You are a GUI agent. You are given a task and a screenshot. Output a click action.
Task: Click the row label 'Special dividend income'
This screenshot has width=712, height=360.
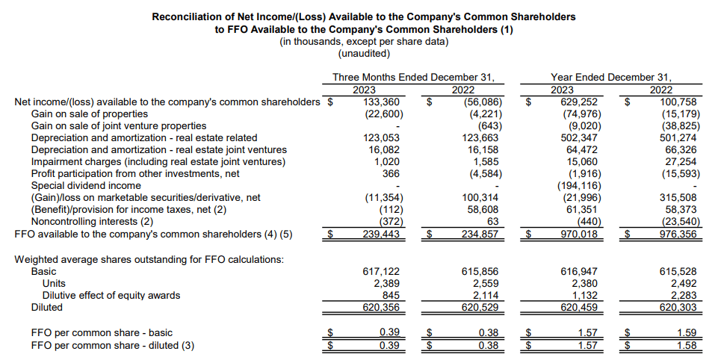[86, 185]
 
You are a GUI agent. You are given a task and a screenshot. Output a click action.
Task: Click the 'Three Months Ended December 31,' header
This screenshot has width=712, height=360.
[413, 77]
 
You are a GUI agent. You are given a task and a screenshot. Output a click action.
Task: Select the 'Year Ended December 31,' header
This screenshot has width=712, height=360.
[611, 77]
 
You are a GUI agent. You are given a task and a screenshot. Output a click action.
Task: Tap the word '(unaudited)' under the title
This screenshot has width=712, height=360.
[364, 53]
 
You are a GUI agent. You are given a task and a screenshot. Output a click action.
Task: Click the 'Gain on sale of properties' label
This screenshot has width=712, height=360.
[89, 114]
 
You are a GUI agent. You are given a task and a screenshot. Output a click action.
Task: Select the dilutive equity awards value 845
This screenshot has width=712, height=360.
[396, 295]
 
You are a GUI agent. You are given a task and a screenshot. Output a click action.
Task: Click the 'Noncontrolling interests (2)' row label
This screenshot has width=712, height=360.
[93, 221]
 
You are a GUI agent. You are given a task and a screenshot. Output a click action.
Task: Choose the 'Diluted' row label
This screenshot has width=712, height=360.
[47, 307]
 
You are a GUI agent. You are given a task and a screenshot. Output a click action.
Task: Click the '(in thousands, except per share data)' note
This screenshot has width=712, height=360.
[364, 41]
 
